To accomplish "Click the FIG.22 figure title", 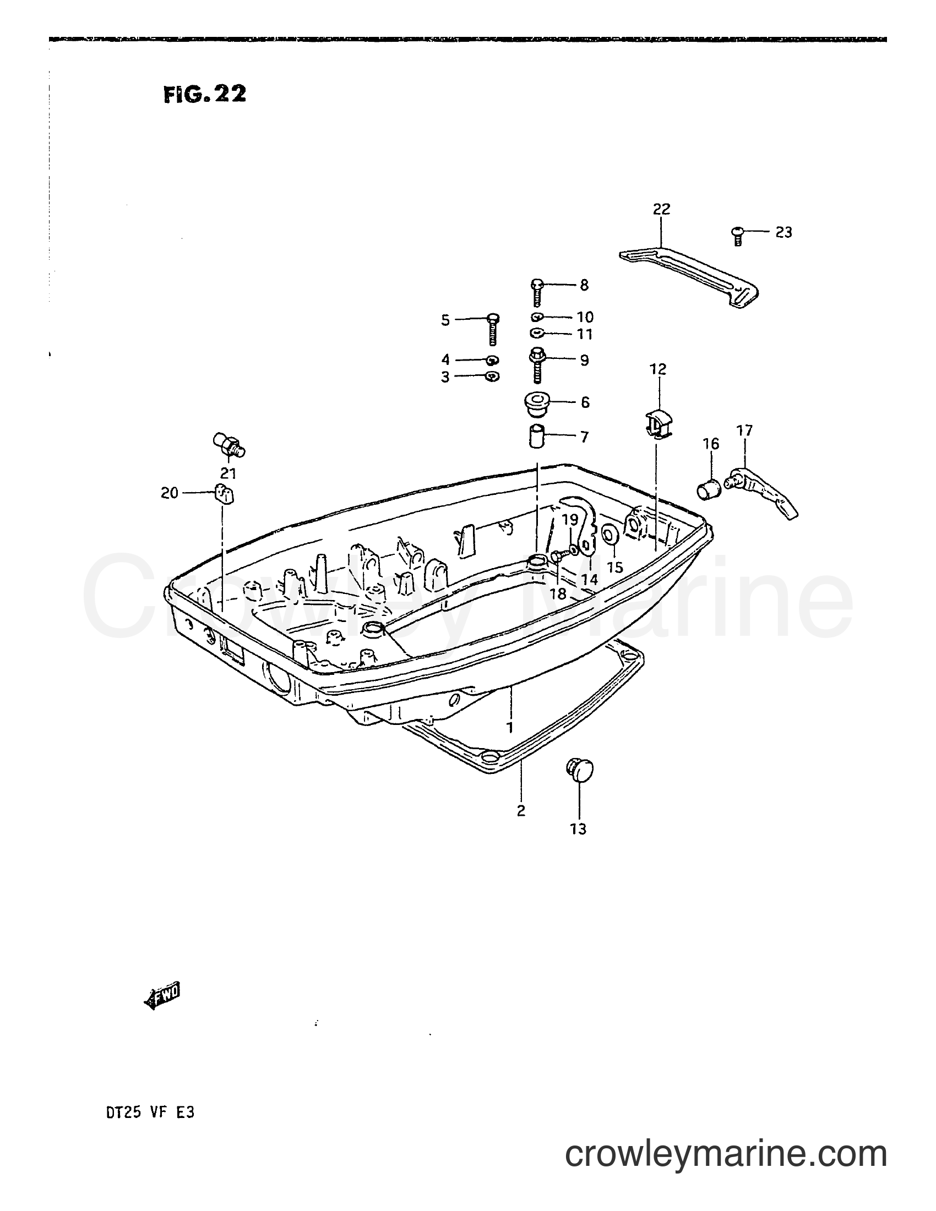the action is (205, 94).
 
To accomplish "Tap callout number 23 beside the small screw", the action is (783, 232).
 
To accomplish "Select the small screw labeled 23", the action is (737, 236).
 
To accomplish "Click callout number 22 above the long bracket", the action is (661, 209).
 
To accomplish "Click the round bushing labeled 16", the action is (707, 488).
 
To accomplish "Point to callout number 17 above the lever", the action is (745, 430).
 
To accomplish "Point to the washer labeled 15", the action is (610, 534).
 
